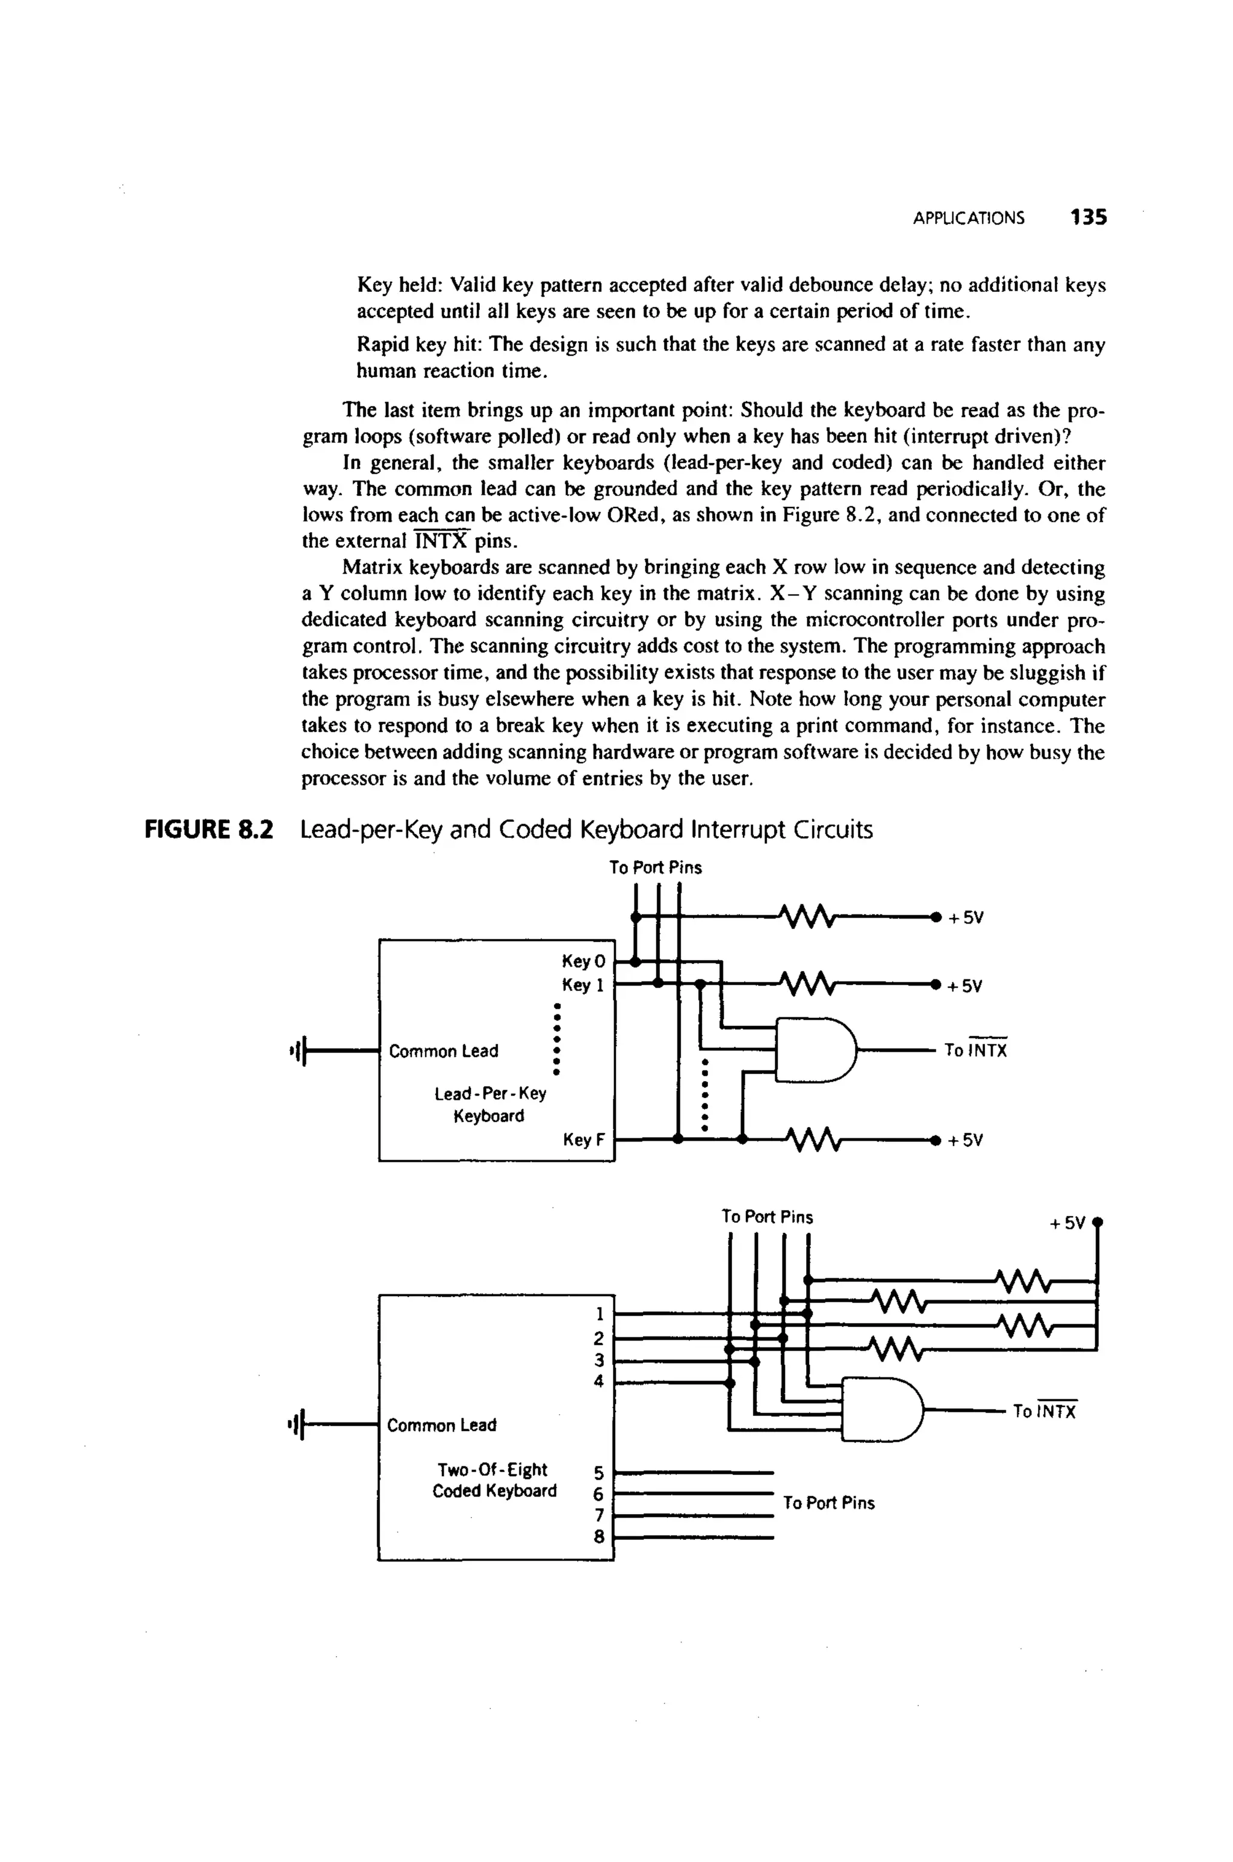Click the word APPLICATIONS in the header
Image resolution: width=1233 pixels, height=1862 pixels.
[968, 219]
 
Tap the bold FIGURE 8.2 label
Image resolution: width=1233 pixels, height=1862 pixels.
[208, 830]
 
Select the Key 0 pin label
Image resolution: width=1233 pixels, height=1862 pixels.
[583, 961]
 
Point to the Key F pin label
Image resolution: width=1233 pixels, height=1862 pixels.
[583, 1140]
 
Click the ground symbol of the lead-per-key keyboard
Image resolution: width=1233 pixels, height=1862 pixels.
[296, 1050]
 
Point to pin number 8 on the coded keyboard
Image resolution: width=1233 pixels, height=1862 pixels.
[599, 1536]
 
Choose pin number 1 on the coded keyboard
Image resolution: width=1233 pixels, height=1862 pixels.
[599, 1314]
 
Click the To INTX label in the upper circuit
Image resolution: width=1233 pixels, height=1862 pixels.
[975, 1050]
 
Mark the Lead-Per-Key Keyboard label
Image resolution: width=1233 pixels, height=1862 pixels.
[490, 1105]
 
